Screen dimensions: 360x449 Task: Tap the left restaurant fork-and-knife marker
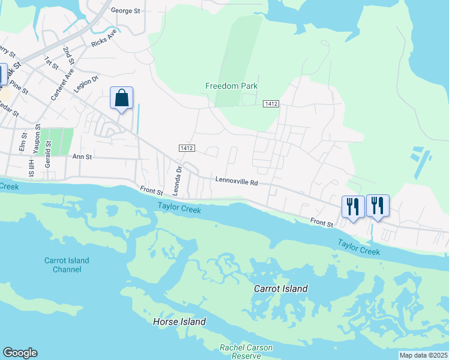click(352, 207)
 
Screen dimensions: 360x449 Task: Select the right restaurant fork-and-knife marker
click(378, 206)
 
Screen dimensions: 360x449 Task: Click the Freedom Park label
click(231, 86)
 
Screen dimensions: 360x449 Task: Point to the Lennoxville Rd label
click(237, 181)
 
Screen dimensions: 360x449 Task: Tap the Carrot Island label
click(280, 289)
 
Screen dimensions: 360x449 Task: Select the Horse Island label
click(179, 322)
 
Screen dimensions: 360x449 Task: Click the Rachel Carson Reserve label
click(246, 352)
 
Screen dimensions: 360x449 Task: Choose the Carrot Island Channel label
click(67, 265)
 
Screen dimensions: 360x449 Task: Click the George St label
click(127, 11)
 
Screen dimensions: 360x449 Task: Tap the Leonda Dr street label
click(178, 178)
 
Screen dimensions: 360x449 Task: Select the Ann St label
click(82, 157)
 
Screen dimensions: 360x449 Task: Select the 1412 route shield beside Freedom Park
click(271, 104)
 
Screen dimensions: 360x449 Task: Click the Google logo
click(20, 353)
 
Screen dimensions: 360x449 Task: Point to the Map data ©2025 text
click(423, 355)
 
